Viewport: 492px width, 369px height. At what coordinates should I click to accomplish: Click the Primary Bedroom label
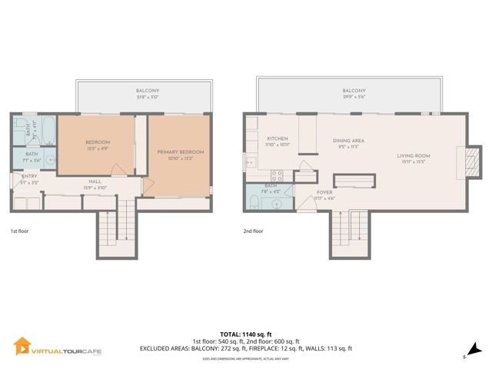point(181,152)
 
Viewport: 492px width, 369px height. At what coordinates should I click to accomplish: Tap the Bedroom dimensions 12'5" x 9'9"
point(97,149)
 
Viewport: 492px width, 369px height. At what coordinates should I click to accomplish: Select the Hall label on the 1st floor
point(95,181)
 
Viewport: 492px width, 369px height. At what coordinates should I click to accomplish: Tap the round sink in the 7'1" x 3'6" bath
point(50,160)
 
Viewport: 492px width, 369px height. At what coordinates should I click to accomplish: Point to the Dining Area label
point(348,141)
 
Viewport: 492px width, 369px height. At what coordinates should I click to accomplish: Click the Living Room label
point(413,156)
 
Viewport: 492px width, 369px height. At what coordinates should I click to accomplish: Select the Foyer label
point(324,192)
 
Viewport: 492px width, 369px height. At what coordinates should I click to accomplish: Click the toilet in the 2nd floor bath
point(254,203)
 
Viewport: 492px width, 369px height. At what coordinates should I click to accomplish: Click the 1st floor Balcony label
point(144,91)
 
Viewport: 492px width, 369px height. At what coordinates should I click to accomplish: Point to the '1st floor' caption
point(20,230)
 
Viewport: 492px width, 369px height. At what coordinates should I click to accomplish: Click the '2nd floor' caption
point(253,230)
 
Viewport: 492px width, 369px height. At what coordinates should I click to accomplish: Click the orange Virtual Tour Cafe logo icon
point(22,346)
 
